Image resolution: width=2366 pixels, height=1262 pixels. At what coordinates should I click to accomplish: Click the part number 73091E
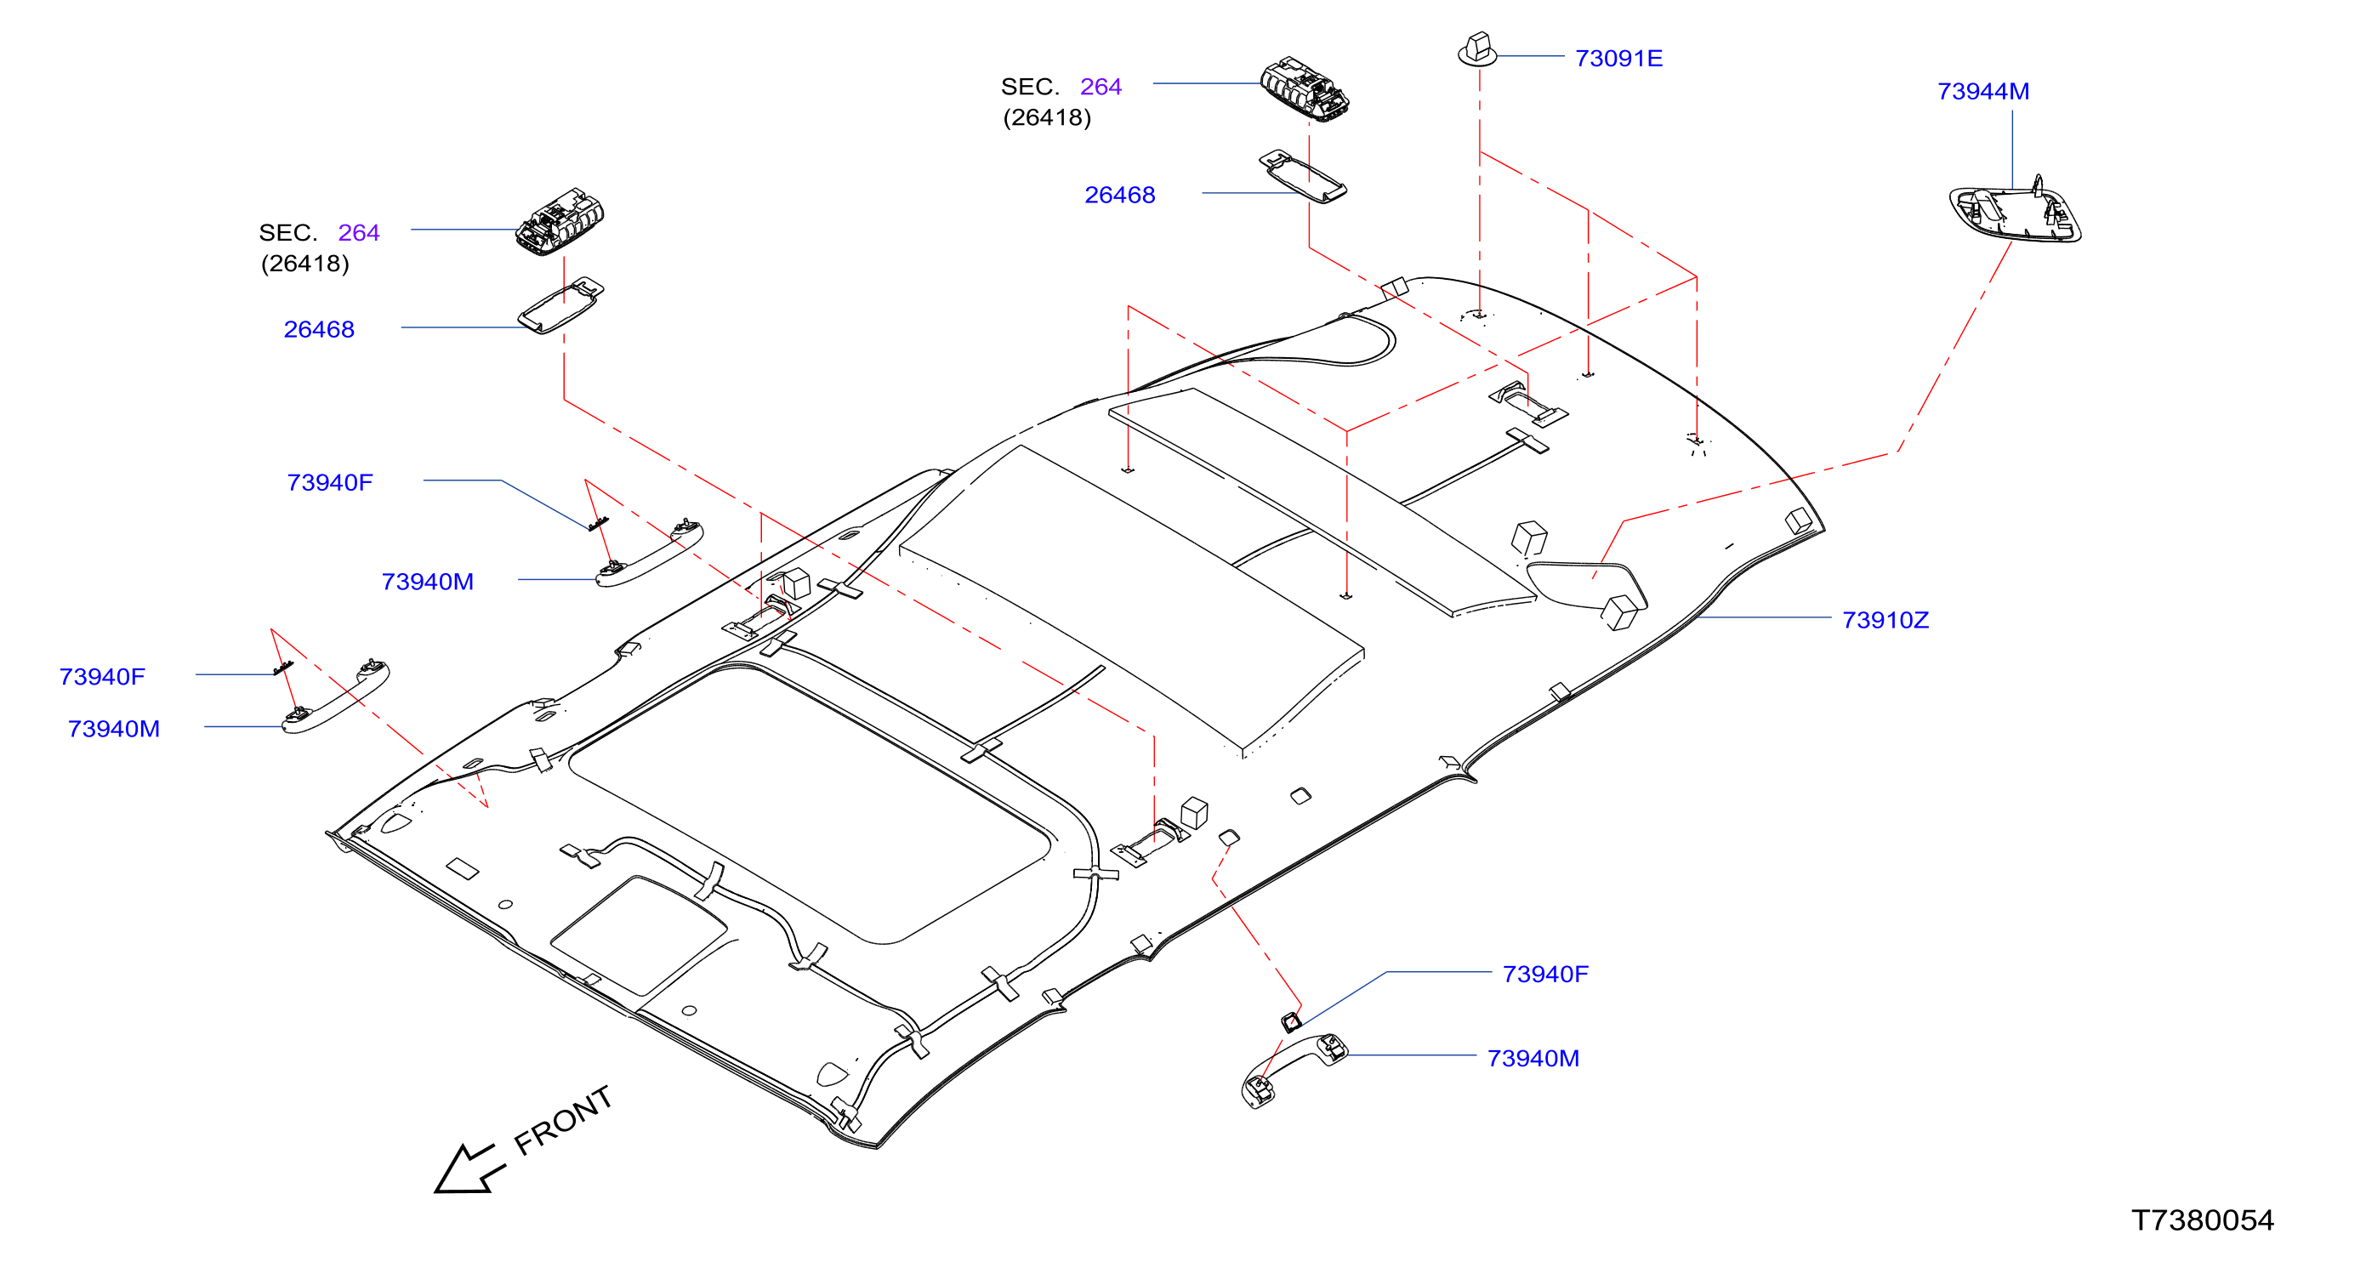pos(1618,58)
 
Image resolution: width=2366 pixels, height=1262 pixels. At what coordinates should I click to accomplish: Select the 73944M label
pos(1983,91)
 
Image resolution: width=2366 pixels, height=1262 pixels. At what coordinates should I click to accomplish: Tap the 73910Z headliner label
pos(1885,620)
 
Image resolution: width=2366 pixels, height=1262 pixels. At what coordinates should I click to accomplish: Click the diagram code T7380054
pos(2203,1219)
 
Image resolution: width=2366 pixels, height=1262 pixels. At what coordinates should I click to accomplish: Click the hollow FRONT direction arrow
pos(469,1169)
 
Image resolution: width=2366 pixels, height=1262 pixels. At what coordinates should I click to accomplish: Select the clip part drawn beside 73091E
pos(1478,49)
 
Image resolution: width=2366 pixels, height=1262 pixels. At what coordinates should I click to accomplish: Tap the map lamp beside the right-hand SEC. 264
pos(1305,89)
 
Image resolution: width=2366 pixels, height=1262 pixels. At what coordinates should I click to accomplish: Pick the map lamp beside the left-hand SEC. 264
pos(560,221)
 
